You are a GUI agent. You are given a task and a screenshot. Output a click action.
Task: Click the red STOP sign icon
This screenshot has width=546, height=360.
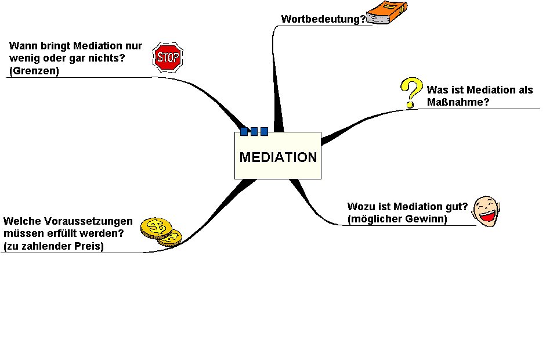168,57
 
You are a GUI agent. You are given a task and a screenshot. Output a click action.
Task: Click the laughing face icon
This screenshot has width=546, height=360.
486,211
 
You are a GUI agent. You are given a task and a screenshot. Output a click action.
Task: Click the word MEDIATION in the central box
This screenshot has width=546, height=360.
278,157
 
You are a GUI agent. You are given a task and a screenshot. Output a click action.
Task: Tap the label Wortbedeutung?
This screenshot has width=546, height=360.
323,19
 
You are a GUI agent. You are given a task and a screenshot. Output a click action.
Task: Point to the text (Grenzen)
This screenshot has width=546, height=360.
34,72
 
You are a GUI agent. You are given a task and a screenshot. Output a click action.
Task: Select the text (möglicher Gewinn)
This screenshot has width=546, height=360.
397,219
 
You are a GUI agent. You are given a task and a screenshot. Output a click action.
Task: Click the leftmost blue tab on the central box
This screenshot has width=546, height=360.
244,132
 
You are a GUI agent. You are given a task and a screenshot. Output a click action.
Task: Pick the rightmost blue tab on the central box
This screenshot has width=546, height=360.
264,132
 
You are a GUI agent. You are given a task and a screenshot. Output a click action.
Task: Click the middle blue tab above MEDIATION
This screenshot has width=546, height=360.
254,132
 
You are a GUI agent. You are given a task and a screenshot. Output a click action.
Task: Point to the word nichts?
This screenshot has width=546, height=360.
107,59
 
